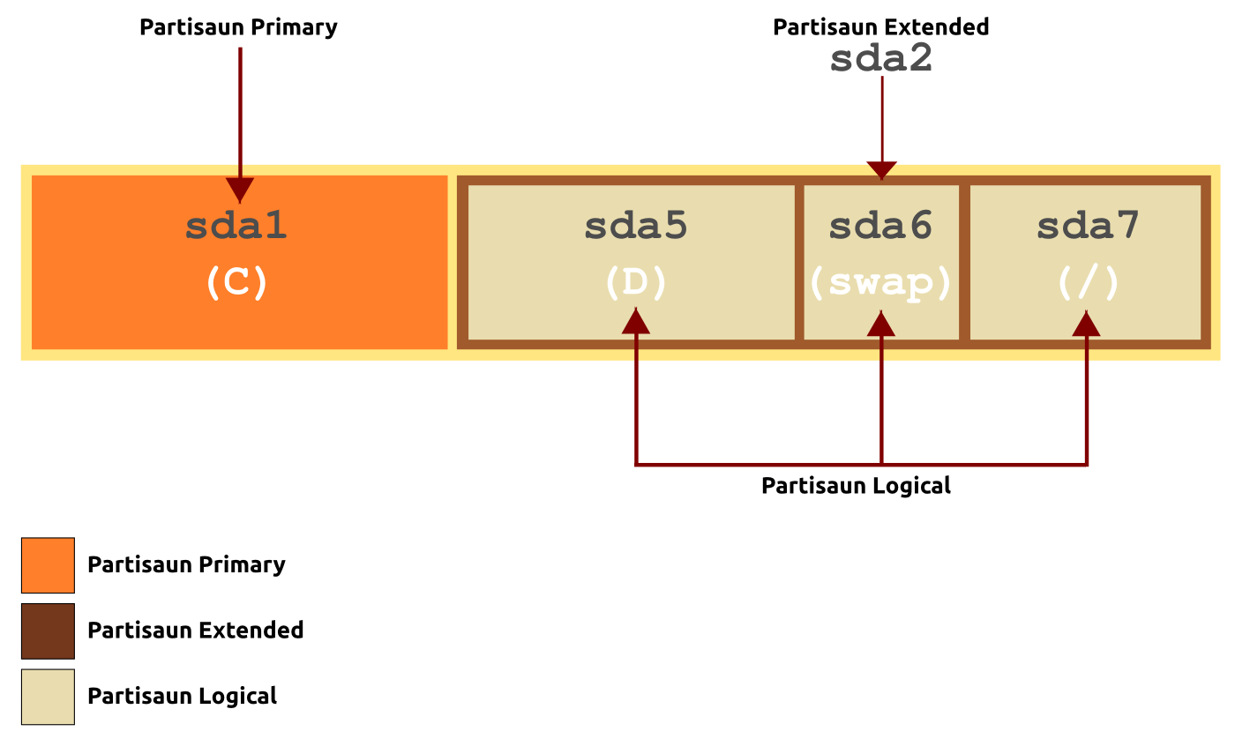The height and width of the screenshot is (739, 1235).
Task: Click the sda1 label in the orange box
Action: coord(236,226)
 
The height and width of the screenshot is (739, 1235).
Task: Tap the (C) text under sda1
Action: coord(237,282)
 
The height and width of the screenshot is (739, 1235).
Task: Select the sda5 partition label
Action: coord(636,226)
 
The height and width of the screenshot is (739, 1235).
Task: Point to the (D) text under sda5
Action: coord(636,282)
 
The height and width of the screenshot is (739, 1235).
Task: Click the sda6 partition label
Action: coord(880,226)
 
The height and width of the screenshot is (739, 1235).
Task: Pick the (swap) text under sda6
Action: coord(880,284)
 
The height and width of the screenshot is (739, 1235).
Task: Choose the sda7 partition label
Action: coord(1088,226)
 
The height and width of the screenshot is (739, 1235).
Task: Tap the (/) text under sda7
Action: coord(1088,282)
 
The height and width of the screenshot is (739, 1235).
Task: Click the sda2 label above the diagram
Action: coord(881,58)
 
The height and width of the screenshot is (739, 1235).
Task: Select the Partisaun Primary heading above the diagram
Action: coord(238,27)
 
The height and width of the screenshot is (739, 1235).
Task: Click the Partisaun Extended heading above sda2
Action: coord(881,27)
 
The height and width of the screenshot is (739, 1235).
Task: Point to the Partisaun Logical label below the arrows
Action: coord(857,486)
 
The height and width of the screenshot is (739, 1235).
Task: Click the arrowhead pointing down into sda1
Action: coord(240,190)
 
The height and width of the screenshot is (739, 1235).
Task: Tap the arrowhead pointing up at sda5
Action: coord(636,321)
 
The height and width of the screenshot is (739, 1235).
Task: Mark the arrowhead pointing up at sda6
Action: coord(881,324)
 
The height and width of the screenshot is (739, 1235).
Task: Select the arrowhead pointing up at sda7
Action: coord(1086,324)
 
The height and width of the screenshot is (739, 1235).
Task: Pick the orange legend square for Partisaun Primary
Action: coord(48,565)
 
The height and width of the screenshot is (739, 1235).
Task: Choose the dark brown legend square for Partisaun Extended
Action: coord(48,631)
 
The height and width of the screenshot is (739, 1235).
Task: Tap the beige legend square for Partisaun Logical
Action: coord(48,698)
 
